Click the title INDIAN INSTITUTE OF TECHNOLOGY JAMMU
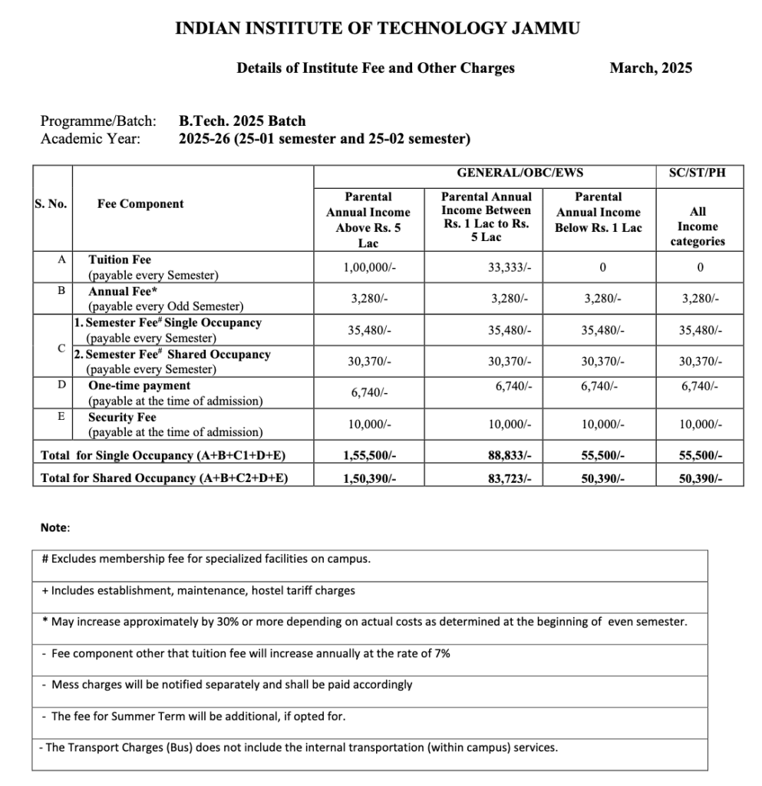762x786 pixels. coord(378,29)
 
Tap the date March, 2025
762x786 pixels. coord(651,68)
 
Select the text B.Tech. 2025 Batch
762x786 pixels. coord(242,121)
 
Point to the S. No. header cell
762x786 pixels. coord(51,204)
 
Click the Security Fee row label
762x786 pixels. coord(121,418)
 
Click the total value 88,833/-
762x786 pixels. coord(509,456)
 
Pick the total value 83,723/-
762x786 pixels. coord(509,479)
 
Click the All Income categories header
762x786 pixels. coord(698,226)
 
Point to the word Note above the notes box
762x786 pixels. coord(54,528)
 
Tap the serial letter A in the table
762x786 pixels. coord(61,260)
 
